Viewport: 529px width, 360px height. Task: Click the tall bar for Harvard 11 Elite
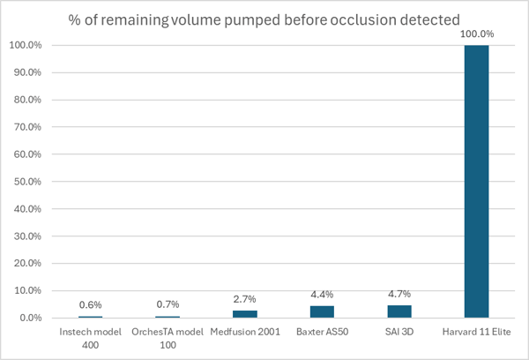(x=476, y=181)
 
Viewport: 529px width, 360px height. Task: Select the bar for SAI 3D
(x=399, y=311)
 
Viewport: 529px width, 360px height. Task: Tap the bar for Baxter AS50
(x=322, y=311)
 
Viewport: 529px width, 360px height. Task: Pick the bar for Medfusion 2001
(x=244, y=314)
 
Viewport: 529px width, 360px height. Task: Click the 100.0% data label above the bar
(x=476, y=34)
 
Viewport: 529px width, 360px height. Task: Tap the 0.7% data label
(x=168, y=304)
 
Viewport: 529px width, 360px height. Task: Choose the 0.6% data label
(x=91, y=305)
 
